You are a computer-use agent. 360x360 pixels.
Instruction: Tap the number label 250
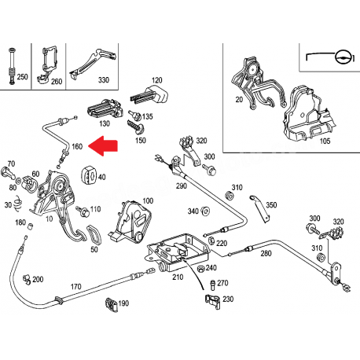point(22,76)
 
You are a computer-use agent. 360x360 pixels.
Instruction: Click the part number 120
point(156,80)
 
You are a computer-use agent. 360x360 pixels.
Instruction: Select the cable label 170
point(76,287)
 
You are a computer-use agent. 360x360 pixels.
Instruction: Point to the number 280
point(265,253)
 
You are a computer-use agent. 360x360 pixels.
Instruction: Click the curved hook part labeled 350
point(258,204)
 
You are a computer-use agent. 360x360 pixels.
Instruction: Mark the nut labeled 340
point(204,211)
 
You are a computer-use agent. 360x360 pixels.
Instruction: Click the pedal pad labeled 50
point(92,237)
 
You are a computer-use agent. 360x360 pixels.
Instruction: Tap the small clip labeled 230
point(211,299)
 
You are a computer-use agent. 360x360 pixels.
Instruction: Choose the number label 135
point(147,116)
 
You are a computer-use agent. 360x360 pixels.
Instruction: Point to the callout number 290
point(182,186)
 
